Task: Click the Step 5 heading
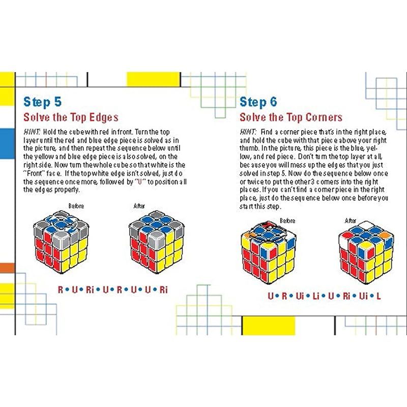[43, 102]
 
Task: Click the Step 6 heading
[258, 102]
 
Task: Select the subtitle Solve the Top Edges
[71, 118]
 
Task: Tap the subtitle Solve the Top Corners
[291, 118]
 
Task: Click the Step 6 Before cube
[269, 252]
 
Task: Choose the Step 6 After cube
[366, 252]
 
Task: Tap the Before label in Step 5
[76, 206]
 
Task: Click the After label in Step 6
[351, 221]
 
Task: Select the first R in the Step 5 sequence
[60, 289]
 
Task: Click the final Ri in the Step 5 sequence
[163, 289]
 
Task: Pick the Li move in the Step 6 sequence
[316, 296]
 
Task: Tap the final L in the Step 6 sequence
[379, 296]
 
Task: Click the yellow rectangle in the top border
[153, 79]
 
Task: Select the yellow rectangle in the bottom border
[269, 326]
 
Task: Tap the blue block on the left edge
[7, 143]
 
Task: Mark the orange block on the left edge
[7, 268]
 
